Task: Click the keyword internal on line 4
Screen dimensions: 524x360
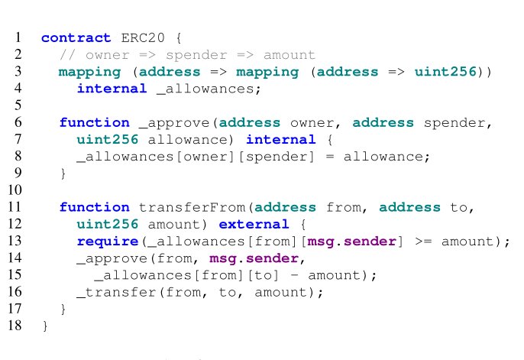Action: pyautogui.click(x=112, y=89)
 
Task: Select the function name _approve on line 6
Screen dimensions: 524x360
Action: pyautogui.click(x=173, y=122)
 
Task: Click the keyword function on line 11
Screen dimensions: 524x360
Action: pyautogui.click(x=94, y=207)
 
